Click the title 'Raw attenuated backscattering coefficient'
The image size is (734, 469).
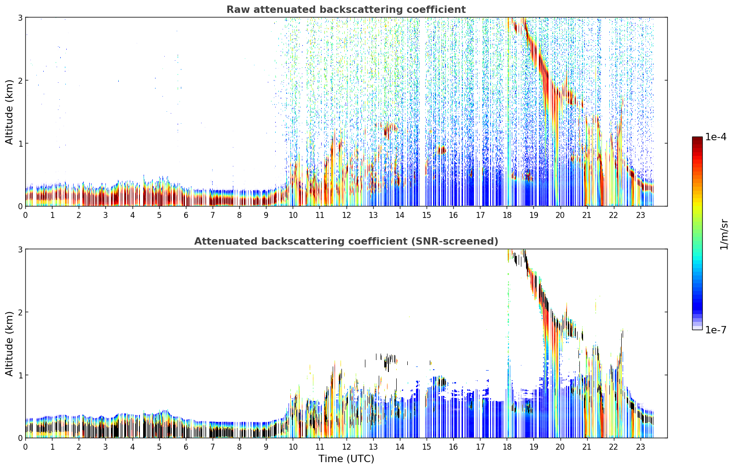(346, 10)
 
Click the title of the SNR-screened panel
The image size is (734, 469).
(346, 241)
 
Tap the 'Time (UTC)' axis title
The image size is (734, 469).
(346, 459)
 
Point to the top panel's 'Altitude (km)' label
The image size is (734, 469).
(9, 112)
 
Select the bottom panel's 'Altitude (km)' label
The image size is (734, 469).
(9, 343)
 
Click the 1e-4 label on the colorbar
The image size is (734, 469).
(716, 137)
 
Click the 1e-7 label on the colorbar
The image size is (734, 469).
(716, 330)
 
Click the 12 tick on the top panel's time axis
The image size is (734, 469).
(347, 215)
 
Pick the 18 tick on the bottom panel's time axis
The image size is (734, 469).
(507, 447)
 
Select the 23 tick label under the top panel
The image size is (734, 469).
(641, 215)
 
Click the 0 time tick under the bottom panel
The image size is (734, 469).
(26, 447)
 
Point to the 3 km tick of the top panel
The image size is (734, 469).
(20, 17)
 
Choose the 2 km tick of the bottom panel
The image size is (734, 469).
(20, 312)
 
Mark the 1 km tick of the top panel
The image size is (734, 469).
(20, 143)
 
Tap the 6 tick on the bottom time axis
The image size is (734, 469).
(186, 447)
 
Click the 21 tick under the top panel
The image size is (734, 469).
(587, 215)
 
